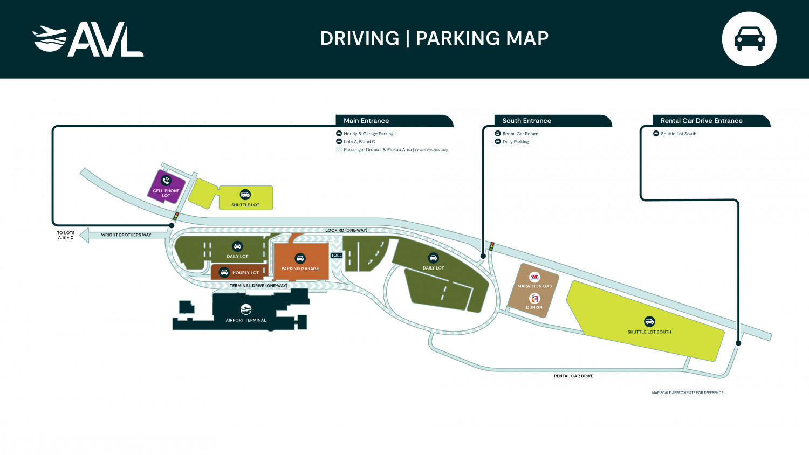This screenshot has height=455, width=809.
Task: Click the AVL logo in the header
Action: [x=88, y=39]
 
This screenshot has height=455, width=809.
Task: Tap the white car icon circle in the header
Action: [x=749, y=39]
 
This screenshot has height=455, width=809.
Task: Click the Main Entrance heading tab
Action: [x=367, y=121]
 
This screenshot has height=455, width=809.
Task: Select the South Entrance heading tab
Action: [x=526, y=121]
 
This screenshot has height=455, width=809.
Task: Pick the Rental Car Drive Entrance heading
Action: [x=701, y=121]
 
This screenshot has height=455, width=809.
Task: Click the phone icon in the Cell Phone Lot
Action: [x=166, y=181]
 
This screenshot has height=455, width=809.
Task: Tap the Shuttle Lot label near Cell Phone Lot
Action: [x=245, y=205]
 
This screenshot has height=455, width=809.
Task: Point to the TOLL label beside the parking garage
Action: [x=337, y=256]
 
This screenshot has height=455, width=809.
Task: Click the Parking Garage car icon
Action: [x=300, y=259]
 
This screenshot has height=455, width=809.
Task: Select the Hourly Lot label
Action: [x=245, y=273]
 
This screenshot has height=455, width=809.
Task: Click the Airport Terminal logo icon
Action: [x=246, y=309]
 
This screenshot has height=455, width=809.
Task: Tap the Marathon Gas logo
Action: [x=534, y=277]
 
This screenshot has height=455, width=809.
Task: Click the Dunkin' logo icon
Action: [x=534, y=299]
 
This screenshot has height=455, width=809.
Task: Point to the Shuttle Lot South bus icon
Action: [x=649, y=322]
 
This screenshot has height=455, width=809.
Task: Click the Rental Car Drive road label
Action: [x=573, y=376]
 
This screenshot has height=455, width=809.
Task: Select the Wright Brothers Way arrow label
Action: [x=126, y=235]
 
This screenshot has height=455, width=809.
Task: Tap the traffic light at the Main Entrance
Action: [x=176, y=216]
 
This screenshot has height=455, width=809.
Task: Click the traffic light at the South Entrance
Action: [x=491, y=246]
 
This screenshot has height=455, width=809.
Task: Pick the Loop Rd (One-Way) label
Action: [x=346, y=230]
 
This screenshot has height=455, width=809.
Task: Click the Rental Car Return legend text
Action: [x=520, y=134]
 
